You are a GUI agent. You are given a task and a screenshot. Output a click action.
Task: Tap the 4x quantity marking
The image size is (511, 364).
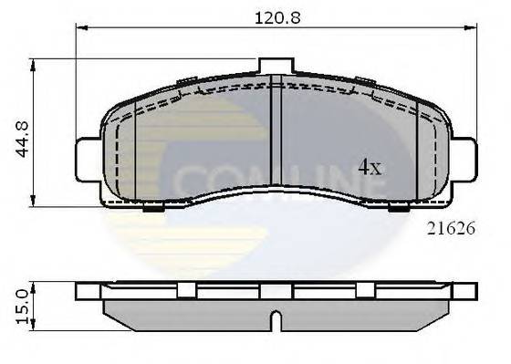pyautogui.click(x=369, y=167)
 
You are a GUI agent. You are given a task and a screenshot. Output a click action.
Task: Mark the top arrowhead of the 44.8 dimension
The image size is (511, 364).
pyautogui.click(x=35, y=63)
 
